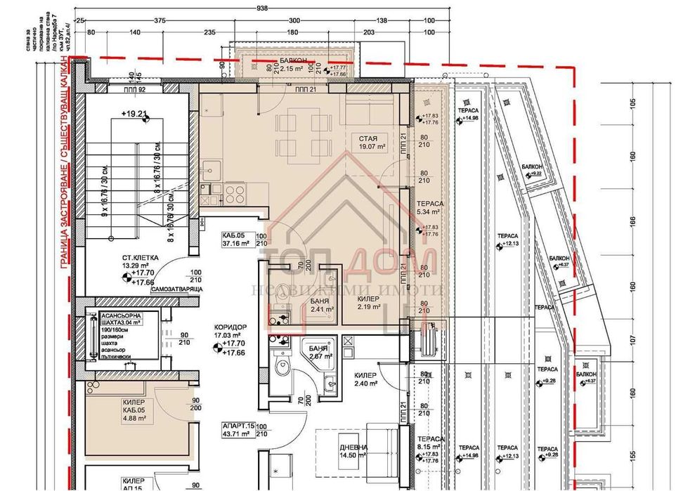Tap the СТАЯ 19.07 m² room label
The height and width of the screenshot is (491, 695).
[372, 143]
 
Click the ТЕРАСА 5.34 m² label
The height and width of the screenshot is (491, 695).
[429, 204]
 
